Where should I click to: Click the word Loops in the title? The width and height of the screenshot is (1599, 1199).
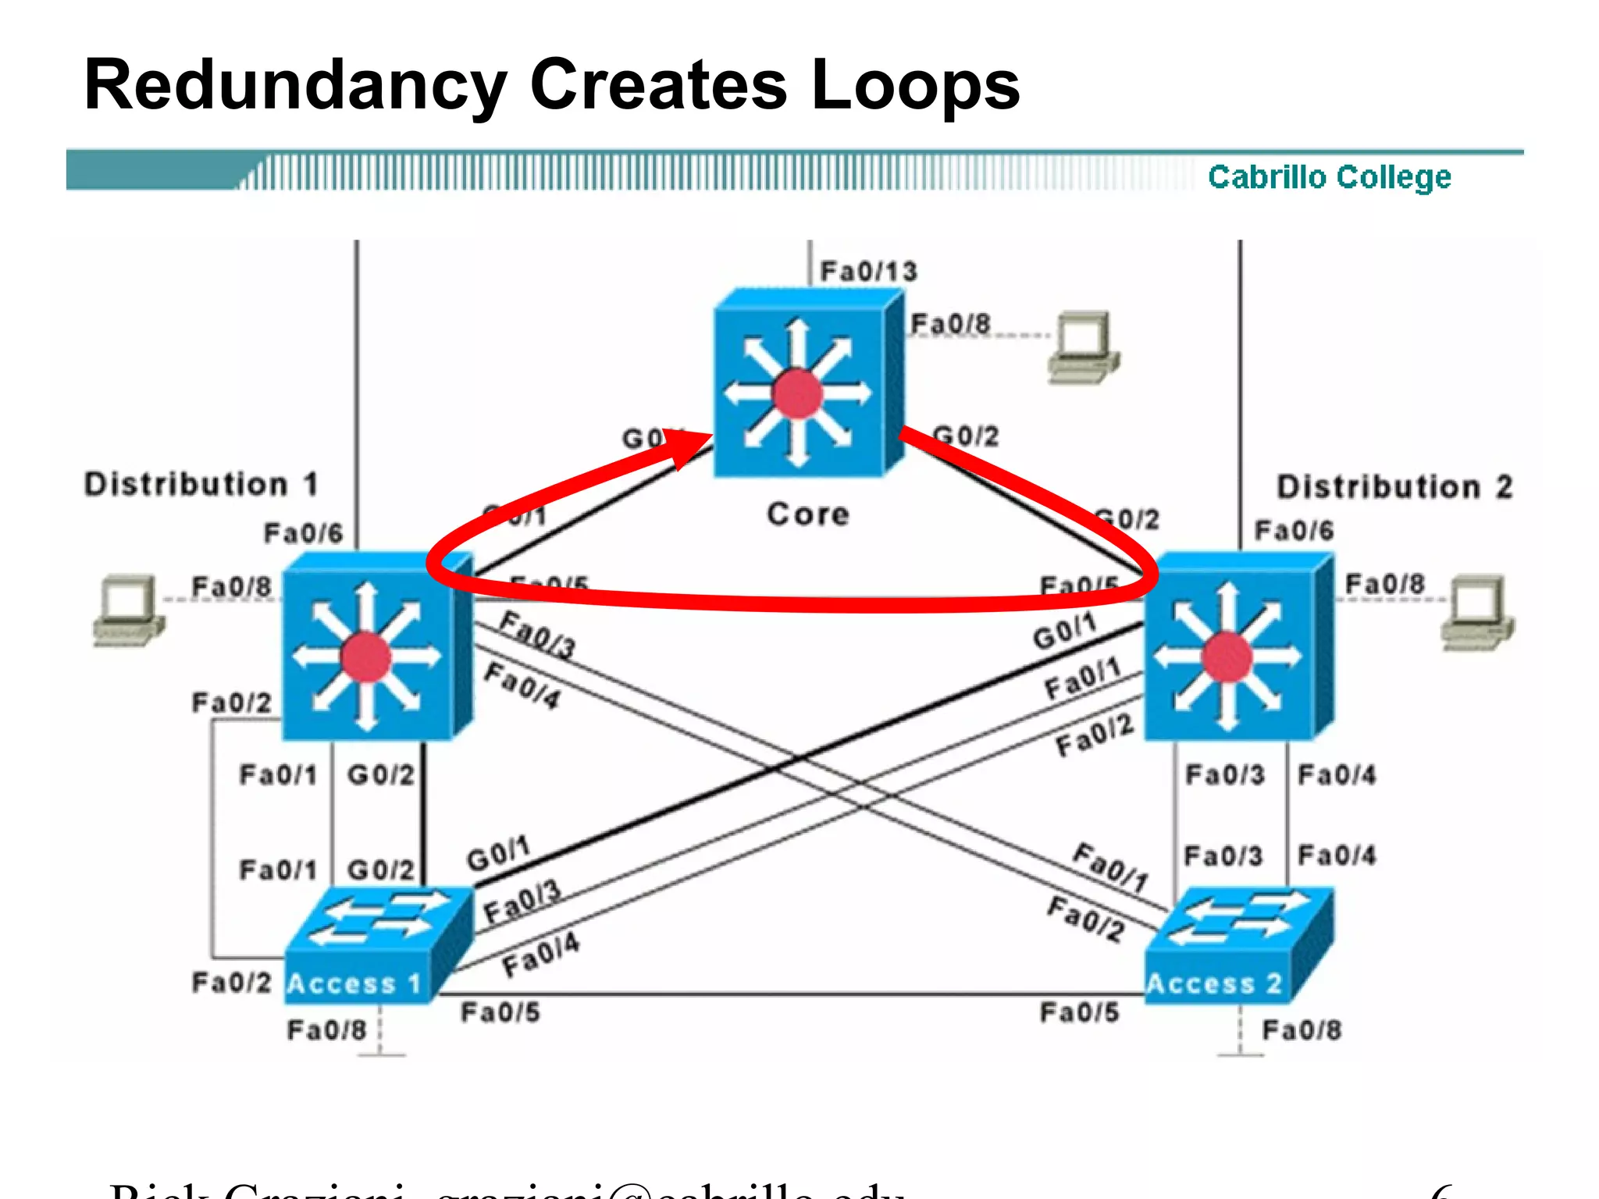pos(914,86)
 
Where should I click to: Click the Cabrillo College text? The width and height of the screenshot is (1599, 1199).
pos(1329,177)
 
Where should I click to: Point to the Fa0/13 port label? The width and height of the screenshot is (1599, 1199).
pos(868,272)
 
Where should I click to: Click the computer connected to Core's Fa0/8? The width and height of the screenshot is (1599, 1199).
pos(1082,348)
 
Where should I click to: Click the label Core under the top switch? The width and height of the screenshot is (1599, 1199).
pos(807,514)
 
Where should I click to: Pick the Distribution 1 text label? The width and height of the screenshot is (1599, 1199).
pos(201,484)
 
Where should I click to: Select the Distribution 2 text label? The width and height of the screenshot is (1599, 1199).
pos(1394,487)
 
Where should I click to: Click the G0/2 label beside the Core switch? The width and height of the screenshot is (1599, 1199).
pos(966,436)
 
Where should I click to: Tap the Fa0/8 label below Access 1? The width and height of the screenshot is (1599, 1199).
pos(326,1030)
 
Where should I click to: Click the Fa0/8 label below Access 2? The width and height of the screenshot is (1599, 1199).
pos(1302,1030)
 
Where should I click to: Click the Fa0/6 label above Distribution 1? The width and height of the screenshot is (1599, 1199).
pos(303,533)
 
